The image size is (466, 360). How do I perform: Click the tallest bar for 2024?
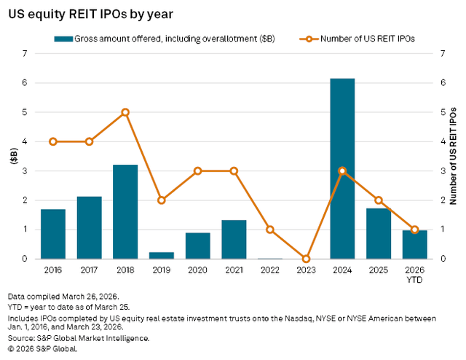click(x=342, y=168)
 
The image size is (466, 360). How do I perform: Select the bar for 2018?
click(x=125, y=212)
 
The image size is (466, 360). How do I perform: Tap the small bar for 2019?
click(x=162, y=255)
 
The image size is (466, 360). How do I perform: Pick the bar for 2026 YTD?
click(x=414, y=245)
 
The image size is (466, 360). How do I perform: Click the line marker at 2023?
click(x=306, y=259)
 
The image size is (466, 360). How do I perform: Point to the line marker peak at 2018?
click(x=125, y=112)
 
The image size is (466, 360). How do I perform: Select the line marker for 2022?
click(x=270, y=230)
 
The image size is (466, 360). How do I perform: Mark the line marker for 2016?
click(x=53, y=141)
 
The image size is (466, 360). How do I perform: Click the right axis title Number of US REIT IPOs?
click(x=453, y=156)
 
